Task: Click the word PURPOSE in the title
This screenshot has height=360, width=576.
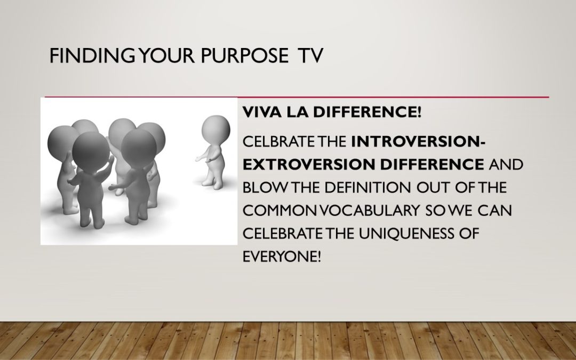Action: coord(244,55)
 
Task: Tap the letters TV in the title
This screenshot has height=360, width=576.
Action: coord(311,55)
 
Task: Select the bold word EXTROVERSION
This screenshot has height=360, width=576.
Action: coord(309,164)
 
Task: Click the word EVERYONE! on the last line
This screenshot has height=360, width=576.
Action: coord(282,257)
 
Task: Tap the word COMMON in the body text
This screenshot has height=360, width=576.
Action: coord(281,211)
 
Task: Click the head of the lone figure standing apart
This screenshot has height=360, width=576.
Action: coord(216,130)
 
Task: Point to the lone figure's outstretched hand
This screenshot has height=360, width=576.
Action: coord(198,159)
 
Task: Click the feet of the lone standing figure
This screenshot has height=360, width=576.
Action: coord(212,183)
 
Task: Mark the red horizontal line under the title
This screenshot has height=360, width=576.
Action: coord(297,98)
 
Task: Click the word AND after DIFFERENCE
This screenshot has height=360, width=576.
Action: coord(506,164)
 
